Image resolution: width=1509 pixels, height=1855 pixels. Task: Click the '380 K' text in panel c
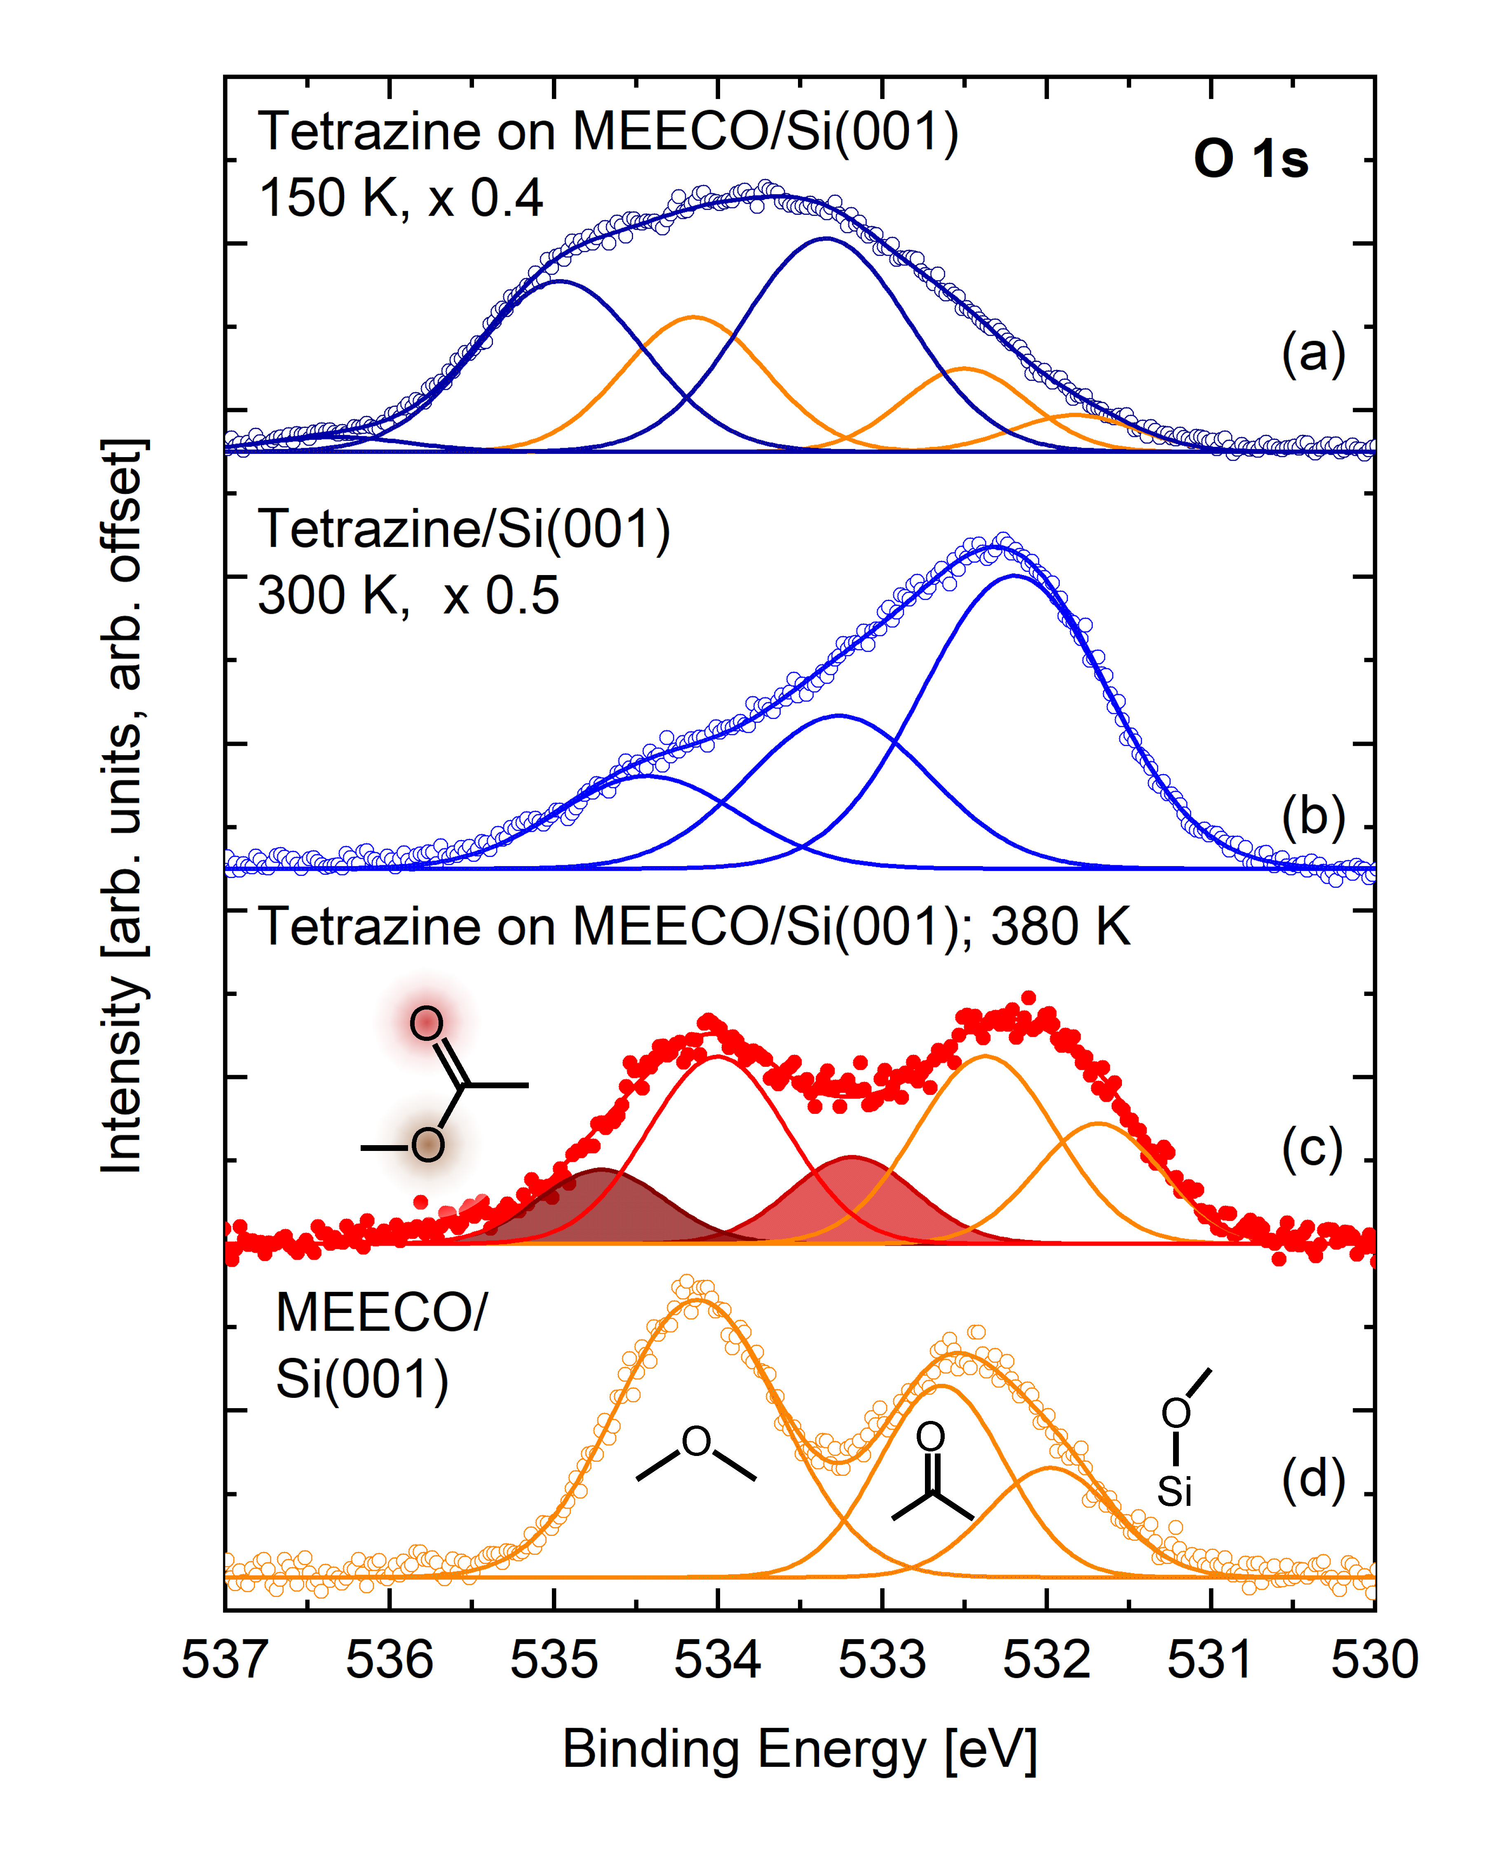[x=1061, y=927]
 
